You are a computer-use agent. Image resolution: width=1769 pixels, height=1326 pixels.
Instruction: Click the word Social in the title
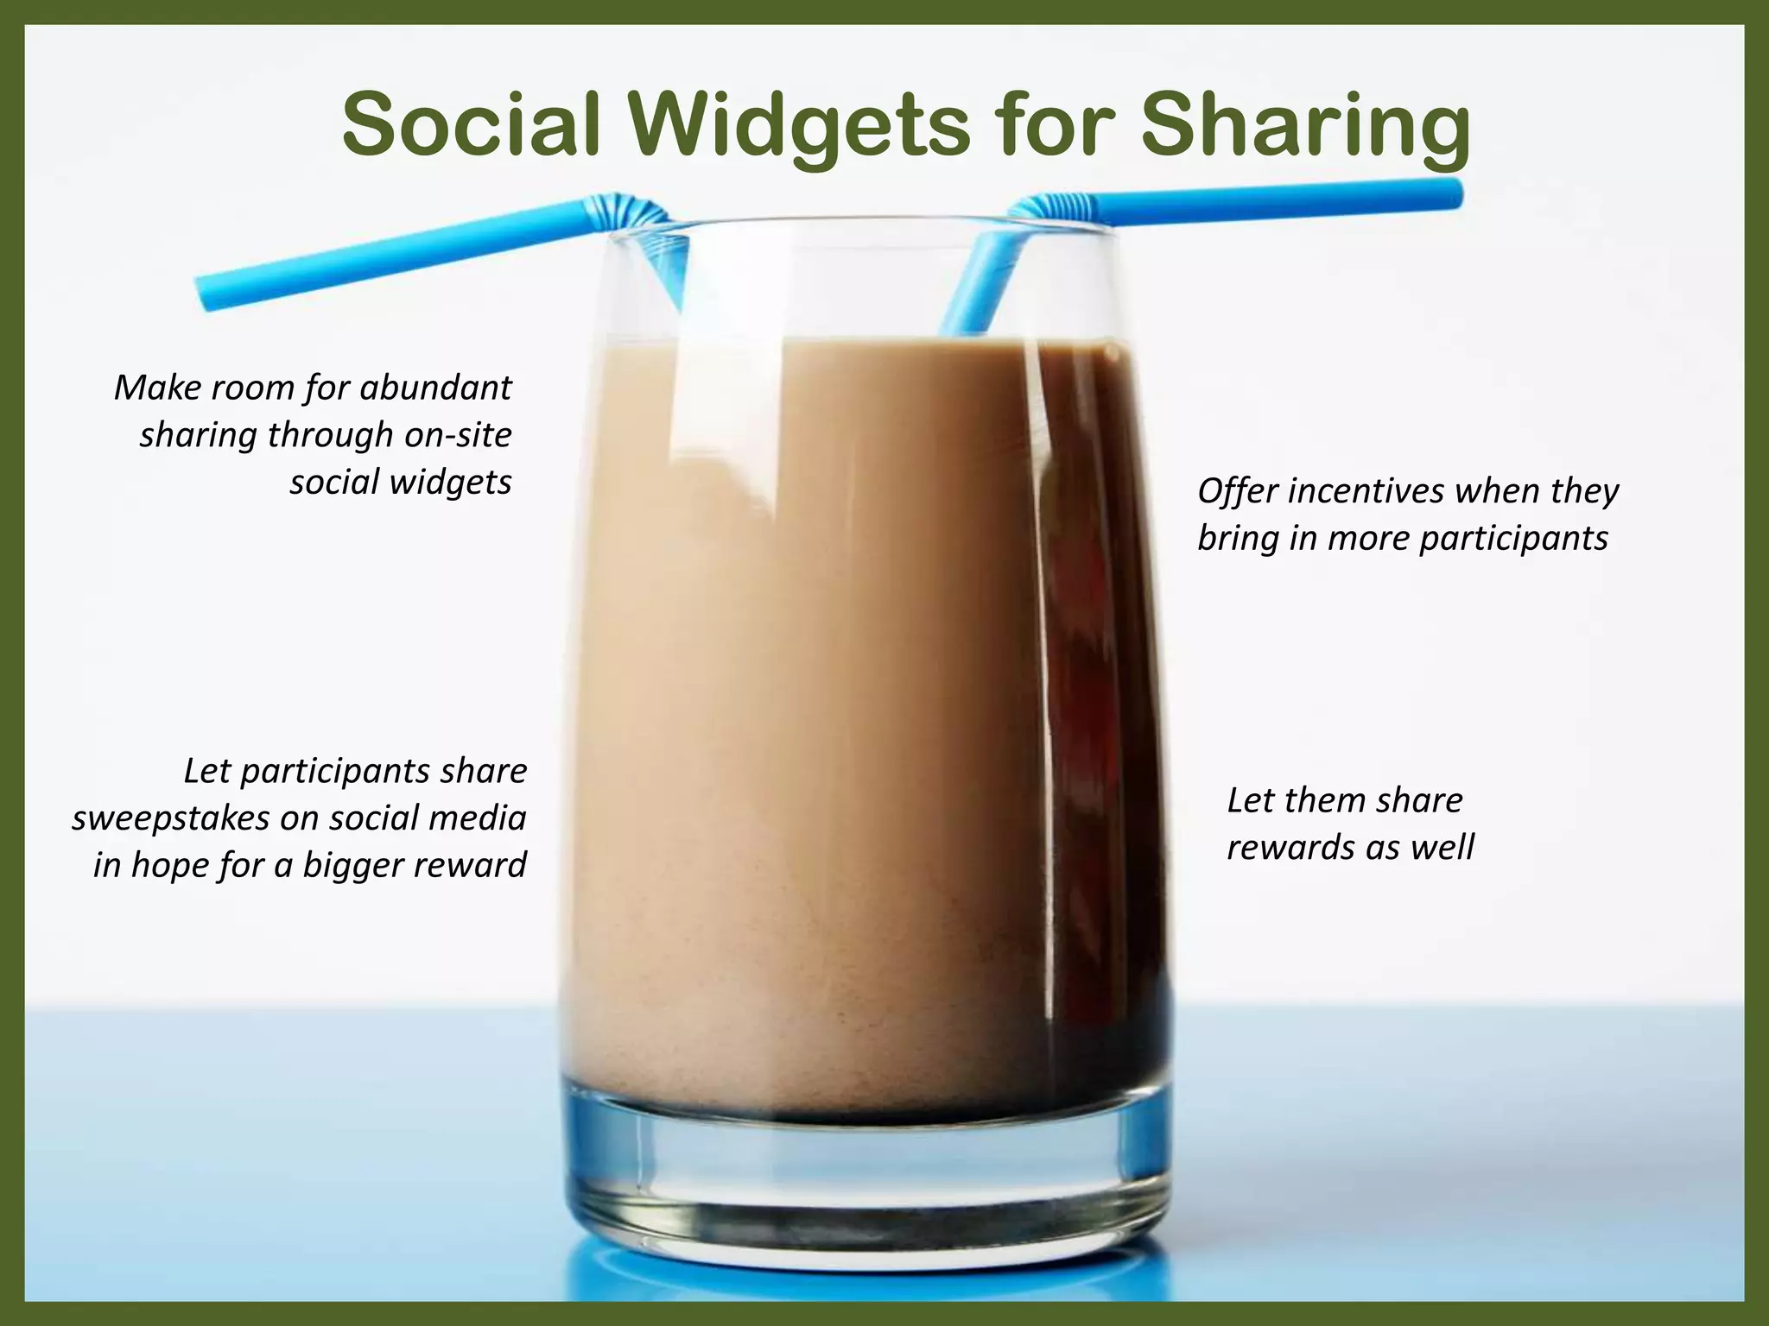[x=471, y=125]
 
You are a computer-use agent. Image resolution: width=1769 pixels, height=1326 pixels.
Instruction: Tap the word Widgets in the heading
[x=799, y=127]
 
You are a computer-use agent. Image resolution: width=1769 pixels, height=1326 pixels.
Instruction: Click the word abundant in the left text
[x=435, y=388]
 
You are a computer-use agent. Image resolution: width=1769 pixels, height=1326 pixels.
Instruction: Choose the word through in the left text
[x=331, y=434]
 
